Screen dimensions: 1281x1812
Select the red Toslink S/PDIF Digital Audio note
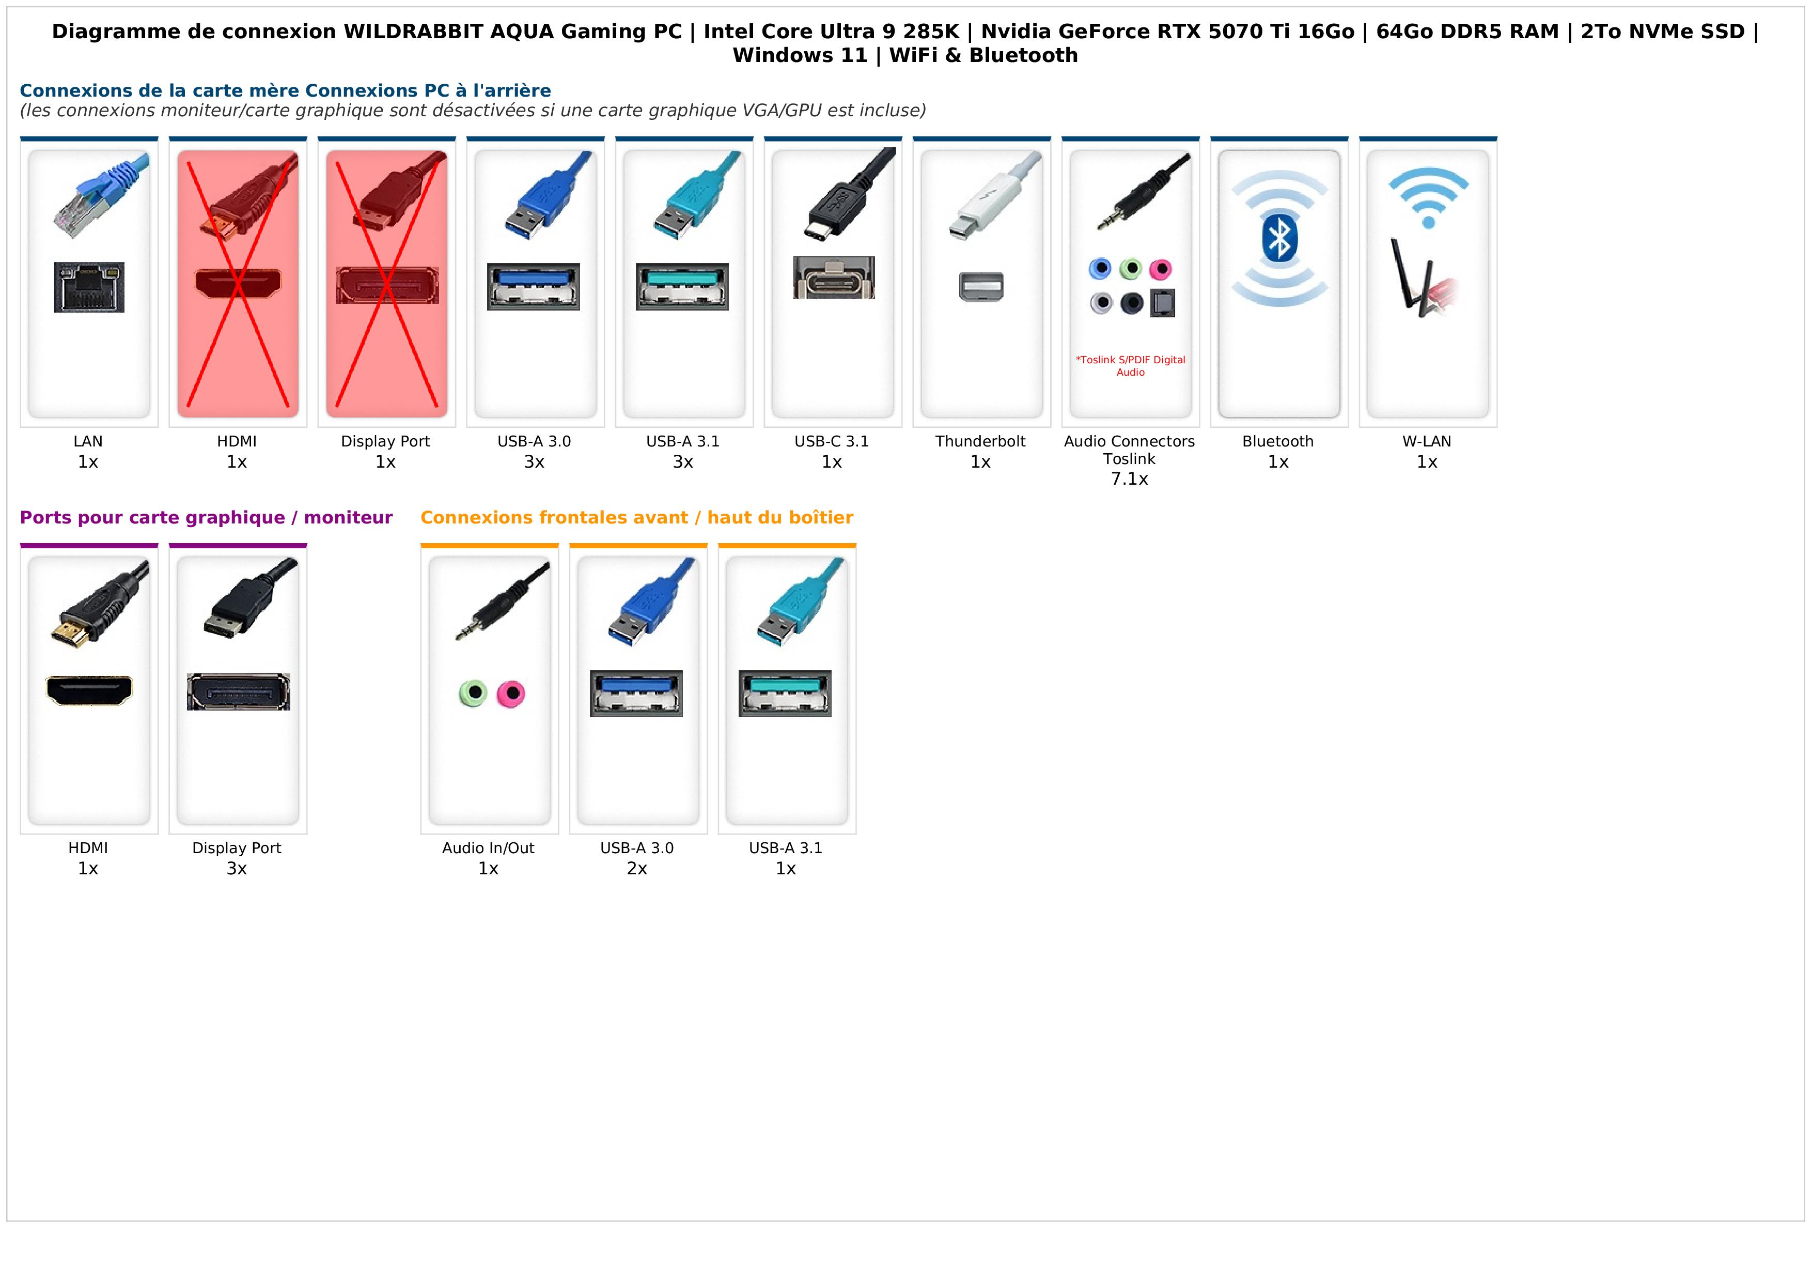coord(1130,365)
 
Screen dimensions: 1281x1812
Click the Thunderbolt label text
coord(980,441)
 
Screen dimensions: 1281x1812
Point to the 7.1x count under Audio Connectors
coord(1129,479)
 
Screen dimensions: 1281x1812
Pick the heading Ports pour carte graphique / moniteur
coord(206,518)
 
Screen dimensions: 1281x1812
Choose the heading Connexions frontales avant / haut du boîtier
coord(636,518)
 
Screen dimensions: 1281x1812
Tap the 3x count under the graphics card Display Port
coord(237,869)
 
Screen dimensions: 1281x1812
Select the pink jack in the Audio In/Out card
coord(511,694)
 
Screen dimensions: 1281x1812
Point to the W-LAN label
coord(1426,441)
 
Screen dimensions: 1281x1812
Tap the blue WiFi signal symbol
coord(1428,197)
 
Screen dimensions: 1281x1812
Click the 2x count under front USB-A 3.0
coord(637,869)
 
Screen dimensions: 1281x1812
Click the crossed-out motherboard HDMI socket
coord(238,283)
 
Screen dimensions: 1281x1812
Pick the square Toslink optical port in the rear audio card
coord(1163,303)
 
